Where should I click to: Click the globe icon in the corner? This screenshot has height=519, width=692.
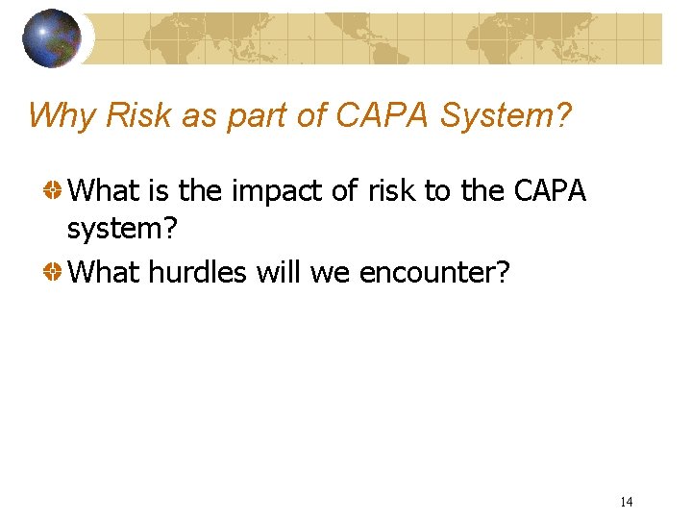click(x=51, y=38)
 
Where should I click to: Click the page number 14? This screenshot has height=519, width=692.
click(x=626, y=502)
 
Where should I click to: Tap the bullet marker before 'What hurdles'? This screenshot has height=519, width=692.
click(x=55, y=273)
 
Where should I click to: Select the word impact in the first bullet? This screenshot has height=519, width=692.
click(x=274, y=192)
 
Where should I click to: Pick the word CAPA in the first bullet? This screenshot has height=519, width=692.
click(x=550, y=191)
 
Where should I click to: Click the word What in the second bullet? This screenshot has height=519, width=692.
click(x=105, y=273)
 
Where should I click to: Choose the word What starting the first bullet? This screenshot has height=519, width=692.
click(x=105, y=191)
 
